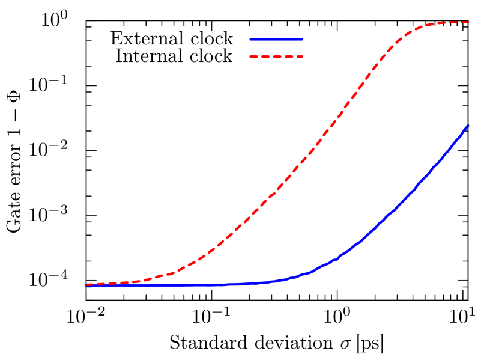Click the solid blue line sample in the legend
click(x=276, y=39)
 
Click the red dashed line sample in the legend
click(x=276, y=57)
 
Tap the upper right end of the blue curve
click(x=467, y=126)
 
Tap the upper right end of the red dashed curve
click(x=468, y=22)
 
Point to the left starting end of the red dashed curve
click(x=86, y=284)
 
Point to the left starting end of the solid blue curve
click(x=86, y=285)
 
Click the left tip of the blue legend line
click(x=250, y=39)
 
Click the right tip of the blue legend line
click(x=302, y=39)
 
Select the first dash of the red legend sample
click(x=254, y=57)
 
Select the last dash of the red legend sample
click(x=298, y=57)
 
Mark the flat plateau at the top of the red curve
click(x=447, y=23)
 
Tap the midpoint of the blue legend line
click(x=276, y=39)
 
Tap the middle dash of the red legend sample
click(x=276, y=57)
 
